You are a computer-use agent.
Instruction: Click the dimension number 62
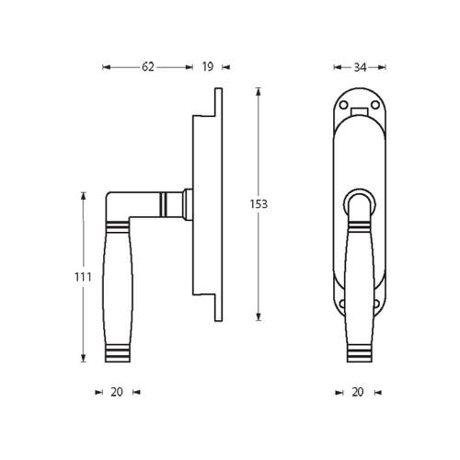coord(148,67)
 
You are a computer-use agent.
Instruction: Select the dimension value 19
coord(207,67)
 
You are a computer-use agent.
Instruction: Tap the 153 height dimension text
coord(259,204)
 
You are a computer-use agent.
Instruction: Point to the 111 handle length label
coord(83,277)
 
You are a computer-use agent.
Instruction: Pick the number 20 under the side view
coord(116,391)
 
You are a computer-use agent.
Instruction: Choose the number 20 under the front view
coord(358,391)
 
